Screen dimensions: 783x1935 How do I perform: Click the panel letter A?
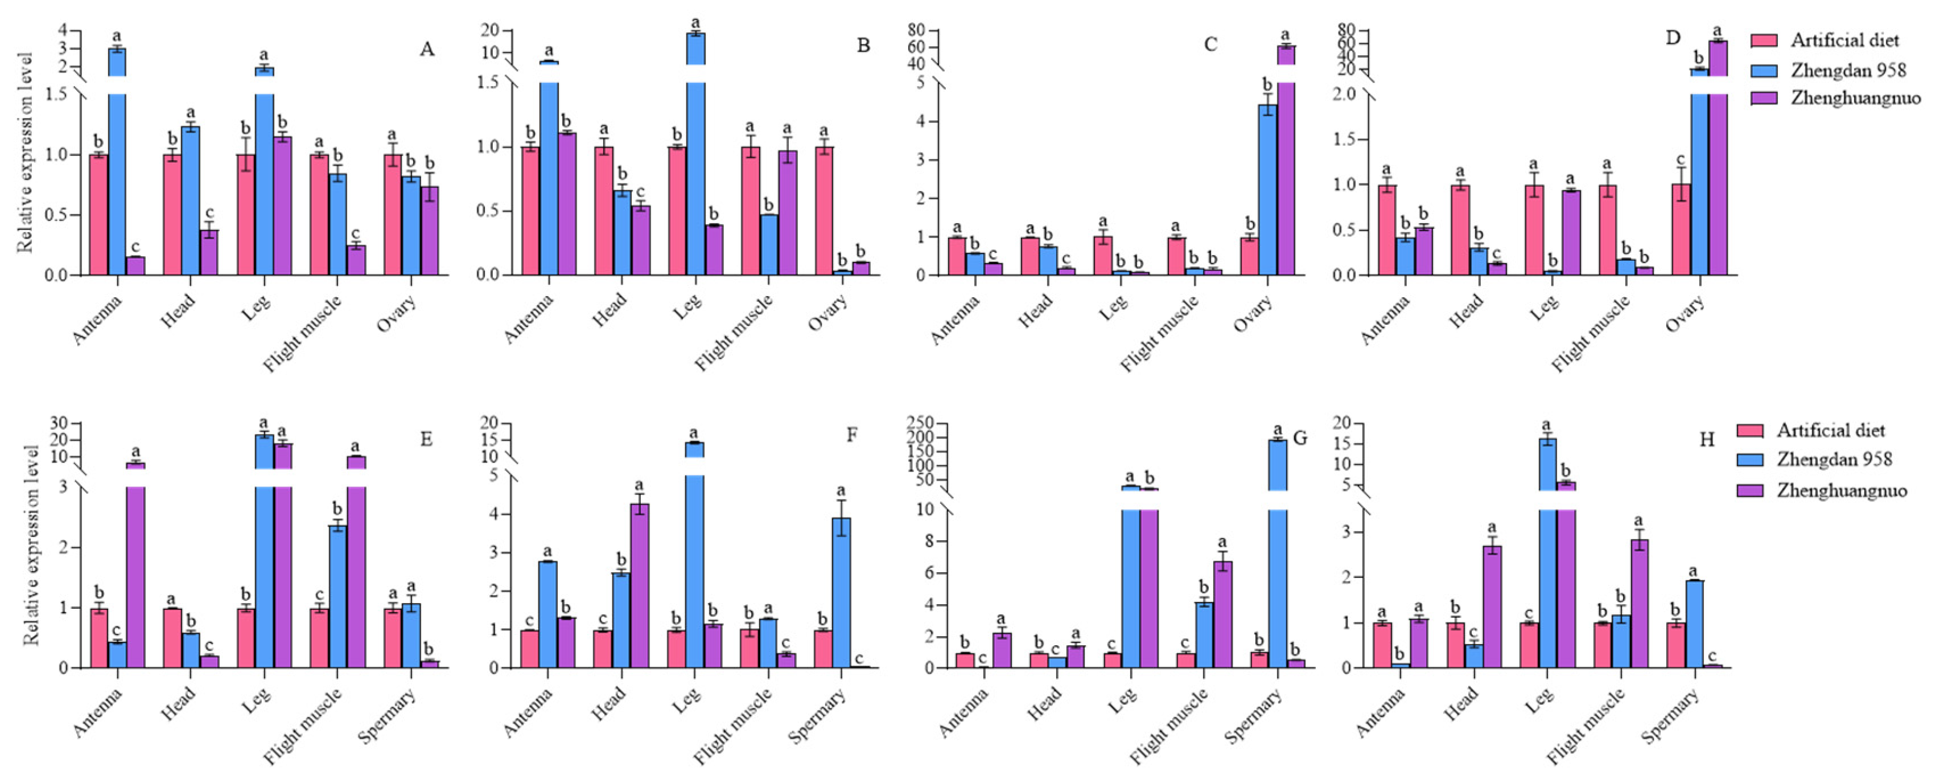click(x=427, y=50)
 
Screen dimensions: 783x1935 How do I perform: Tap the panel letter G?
click(x=1299, y=438)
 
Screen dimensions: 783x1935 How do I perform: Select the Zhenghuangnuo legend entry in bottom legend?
click(x=1841, y=491)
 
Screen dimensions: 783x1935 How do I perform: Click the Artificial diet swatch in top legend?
click(x=1764, y=40)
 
